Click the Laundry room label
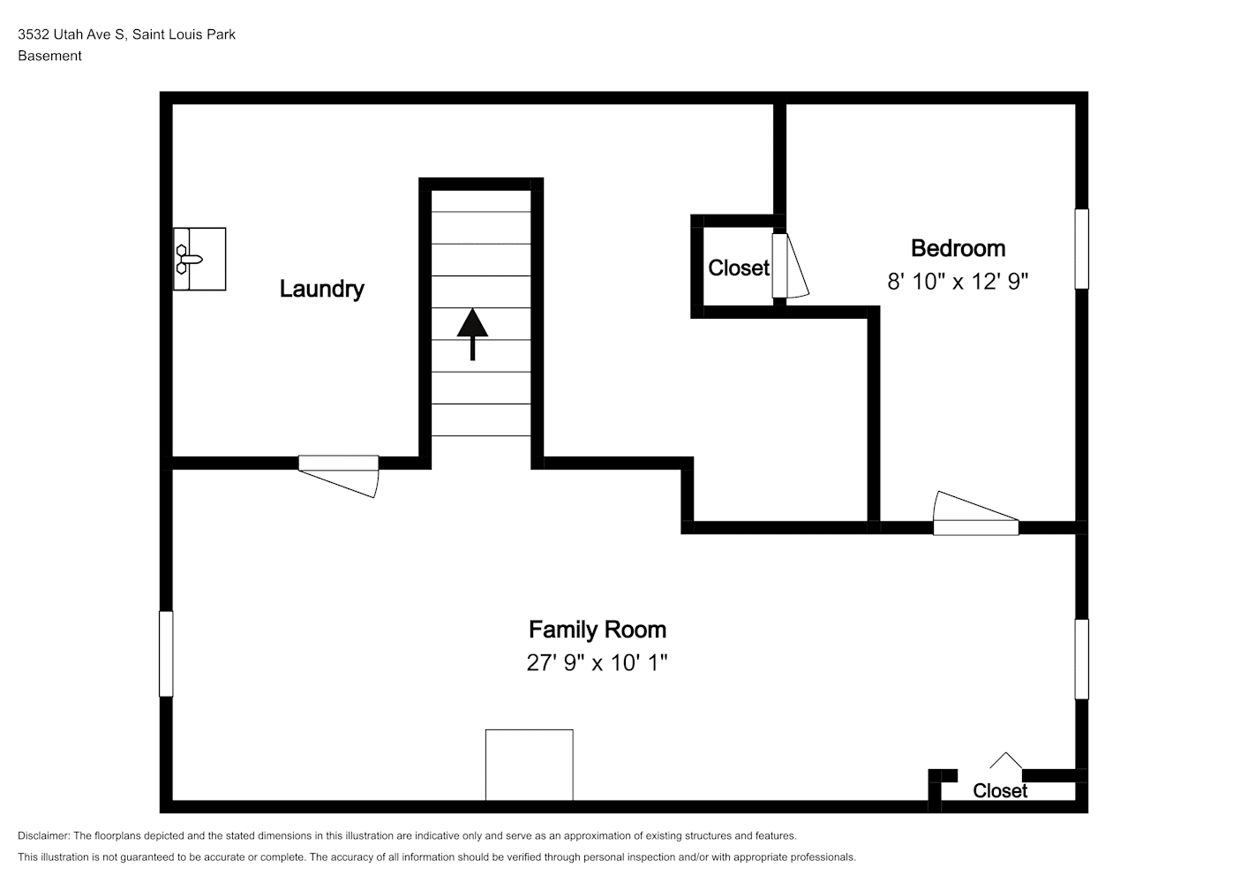pos(321,290)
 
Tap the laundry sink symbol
pos(199,259)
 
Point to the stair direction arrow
pos(472,334)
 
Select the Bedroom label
pos(958,249)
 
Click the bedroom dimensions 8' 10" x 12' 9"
pos(957,282)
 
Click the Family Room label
pos(598,630)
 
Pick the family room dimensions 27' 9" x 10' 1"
pos(597,663)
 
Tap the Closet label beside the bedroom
pos(738,268)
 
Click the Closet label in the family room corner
pos(1000,791)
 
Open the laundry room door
pos(339,476)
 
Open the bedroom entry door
pos(975,514)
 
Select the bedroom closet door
pos(789,266)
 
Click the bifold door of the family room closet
pos(1005,760)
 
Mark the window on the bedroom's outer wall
pos(1081,249)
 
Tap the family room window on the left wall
pos(166,654)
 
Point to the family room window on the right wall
pos(1081,659)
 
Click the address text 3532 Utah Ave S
pos(71,34)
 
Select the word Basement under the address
pos(49,56)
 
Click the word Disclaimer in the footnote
pos(44,835)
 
